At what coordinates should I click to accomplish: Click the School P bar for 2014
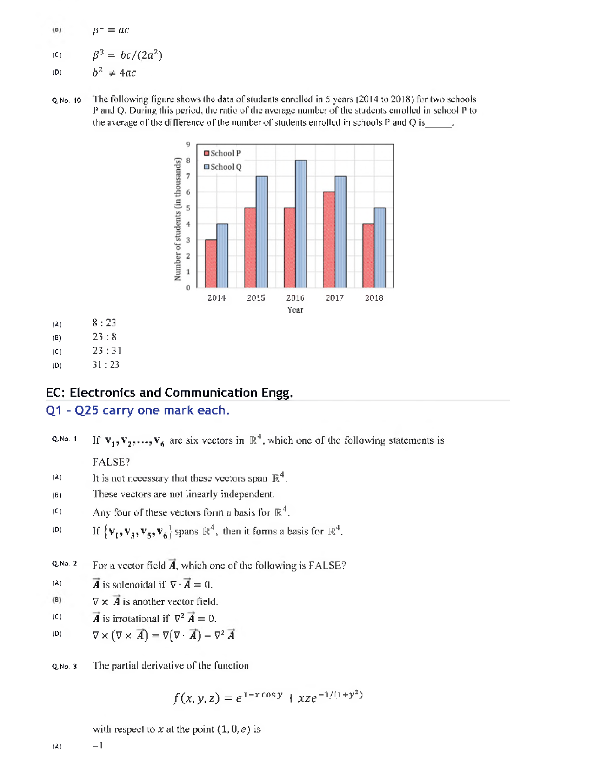click(x=211, y=263)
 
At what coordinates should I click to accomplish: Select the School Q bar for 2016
click(x=301, y=223)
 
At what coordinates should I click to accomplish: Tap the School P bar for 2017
click(x=329, y=239)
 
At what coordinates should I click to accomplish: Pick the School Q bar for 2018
click(x=379, y=247)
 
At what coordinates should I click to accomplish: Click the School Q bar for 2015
click(x=261, y=232)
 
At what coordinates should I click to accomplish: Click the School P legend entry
click(x=222, y=153)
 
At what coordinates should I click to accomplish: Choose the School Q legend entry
click(x=222, y=167)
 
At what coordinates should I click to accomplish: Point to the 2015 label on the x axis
click(x=256, y=298)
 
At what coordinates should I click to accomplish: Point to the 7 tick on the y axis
click(x=188, y=176)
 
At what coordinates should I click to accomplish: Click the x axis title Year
click(x=295, y=310)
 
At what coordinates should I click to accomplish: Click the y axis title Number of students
click(x=178, y=219)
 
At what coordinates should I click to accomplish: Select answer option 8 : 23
click(x=104, y=323)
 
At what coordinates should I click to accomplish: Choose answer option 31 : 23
click(x=106, y=364)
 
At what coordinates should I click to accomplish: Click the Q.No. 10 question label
click(x=66, y=101)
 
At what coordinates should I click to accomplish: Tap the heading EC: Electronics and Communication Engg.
click(x=169, y=392)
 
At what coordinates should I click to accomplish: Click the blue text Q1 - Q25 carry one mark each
click(x=138, y=410)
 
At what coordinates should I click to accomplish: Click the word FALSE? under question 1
click(x=111, y=461)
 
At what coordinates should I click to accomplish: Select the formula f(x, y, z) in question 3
click(x=268, y=697)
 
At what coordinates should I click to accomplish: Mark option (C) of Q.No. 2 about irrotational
click(x=154, y=618)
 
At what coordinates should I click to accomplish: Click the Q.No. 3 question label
click(x=65, y=666)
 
